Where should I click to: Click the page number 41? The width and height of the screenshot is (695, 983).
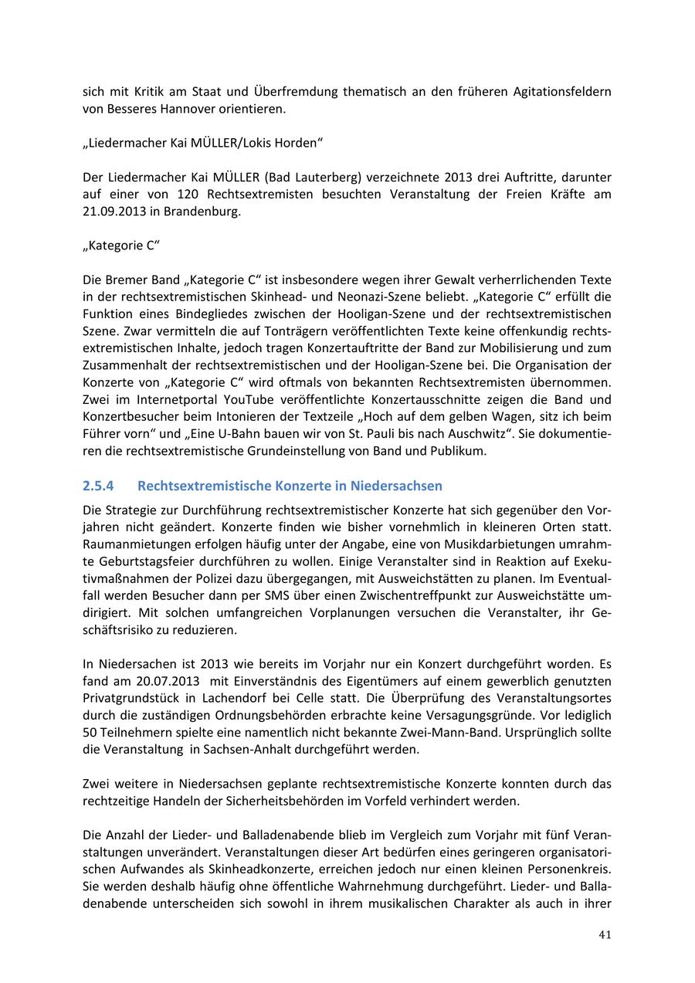tap(605, 935)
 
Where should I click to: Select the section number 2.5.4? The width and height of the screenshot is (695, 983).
tap(98, 486)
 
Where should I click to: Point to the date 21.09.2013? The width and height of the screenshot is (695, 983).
tap(112, 212)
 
